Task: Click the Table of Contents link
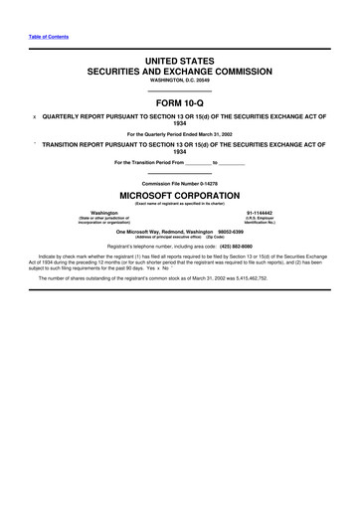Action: tap(39, 37)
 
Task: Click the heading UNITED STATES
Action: tap(180, 62)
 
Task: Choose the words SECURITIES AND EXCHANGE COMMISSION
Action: tap(180, 73)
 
